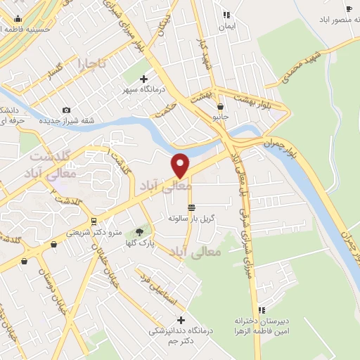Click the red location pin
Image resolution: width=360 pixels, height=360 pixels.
(181, 165)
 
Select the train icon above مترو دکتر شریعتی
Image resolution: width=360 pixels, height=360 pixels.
(94, 221)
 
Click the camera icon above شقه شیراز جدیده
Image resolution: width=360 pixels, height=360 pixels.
(66, 110)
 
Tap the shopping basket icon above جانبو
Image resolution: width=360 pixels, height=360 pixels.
(220, 106)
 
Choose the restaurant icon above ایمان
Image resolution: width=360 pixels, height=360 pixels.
(226, 15)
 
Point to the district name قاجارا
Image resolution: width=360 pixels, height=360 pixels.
(91, 63)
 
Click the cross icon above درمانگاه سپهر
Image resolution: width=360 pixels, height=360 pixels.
(143, 79)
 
